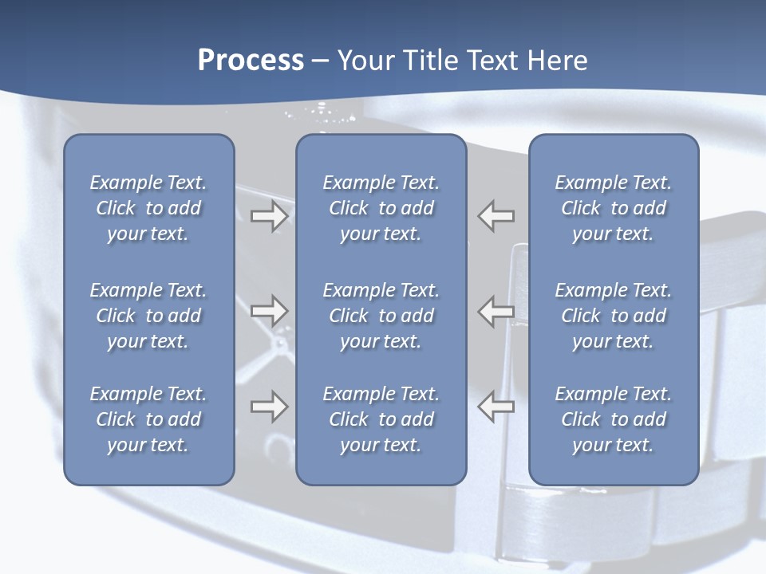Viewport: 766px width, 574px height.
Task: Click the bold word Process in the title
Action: [251, 61]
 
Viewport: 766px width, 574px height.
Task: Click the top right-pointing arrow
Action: [269, 216]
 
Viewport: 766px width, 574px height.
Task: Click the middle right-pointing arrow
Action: [269, 310]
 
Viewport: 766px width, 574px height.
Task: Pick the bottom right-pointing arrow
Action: [269, 407]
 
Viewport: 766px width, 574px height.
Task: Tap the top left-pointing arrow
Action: [496, 216]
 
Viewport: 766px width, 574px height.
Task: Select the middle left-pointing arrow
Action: [496, 310]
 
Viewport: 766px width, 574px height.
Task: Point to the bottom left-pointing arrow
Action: [496, 407]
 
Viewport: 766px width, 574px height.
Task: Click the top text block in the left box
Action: [148, 208]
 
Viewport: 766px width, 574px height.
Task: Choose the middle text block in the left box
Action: [148, 316]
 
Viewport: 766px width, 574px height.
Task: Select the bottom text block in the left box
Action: [148, 419]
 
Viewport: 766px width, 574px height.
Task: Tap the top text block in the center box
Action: [381, 208]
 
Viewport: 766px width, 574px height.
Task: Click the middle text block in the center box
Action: [381, 316]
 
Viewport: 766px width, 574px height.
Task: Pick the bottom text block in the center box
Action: [381, 419]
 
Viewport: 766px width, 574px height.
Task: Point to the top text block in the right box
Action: [613, 208]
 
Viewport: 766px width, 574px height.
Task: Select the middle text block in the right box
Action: [613, 316]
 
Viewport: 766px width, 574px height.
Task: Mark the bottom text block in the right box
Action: [613, 419]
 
